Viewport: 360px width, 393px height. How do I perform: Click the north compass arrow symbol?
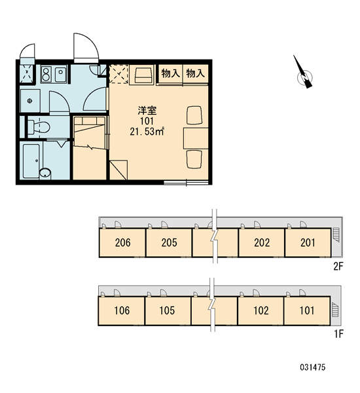[304, 73]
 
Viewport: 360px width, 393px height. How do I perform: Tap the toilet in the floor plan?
[38, 127]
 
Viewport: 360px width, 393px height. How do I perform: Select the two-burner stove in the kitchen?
[46, 75]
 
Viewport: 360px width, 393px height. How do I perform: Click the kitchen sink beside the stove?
[61, 75]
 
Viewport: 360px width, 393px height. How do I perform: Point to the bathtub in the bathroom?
[31, 161]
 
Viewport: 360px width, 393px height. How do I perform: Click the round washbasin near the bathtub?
[45, 173]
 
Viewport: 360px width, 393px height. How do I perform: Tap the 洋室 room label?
[147, 111]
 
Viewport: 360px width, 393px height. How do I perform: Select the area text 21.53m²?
[147, 132]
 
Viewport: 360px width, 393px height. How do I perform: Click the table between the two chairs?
[196, 138]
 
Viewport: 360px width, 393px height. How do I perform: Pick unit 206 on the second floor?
[122, 242]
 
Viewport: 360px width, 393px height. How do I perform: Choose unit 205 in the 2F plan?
[169, 242]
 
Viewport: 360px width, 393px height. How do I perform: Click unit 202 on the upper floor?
[262, 242]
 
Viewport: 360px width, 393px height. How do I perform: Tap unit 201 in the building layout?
[308, 242]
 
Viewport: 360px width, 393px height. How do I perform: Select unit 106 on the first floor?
[122, 310]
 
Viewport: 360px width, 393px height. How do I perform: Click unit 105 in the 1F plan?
[168, 310]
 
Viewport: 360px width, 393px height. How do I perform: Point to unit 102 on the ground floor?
[261, 310]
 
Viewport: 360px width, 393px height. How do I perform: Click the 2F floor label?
[338, 266]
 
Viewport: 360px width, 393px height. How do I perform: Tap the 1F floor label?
[338, 334]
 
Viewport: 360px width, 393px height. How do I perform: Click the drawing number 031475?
[313, 367]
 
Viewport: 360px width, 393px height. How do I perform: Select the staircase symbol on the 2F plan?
[336, 234]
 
